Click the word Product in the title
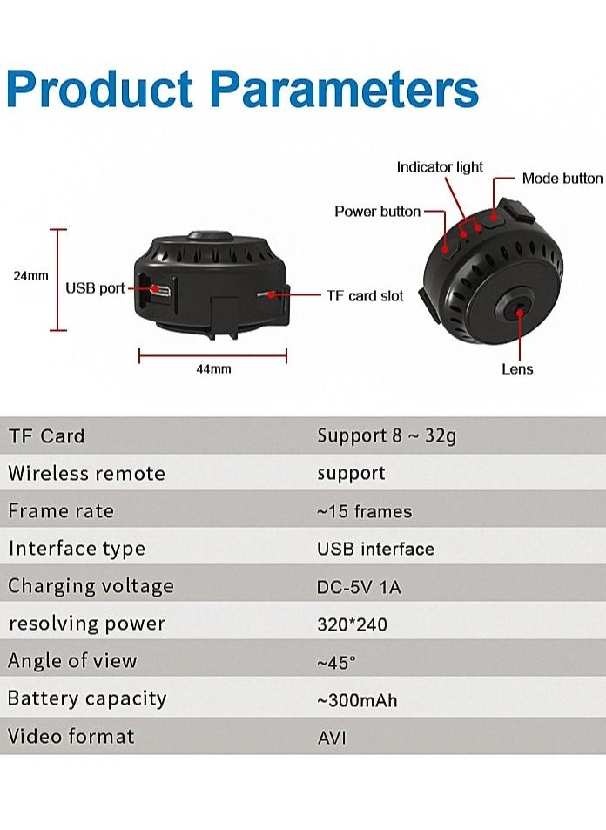(x=100, y=88)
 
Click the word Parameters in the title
(x=345, y=88)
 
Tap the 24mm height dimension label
(x=30, y=276)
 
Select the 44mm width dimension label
(x=214, y=369)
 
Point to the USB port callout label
(x=95, y=288)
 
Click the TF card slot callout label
(x=365, y=296)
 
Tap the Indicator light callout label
(x=440, y=167)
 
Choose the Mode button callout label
(x=562, y=179)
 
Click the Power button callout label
(x=377, y=212)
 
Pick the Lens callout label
(x=517, y=369)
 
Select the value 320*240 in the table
(x=352, y=624)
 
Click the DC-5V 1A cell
(x=359, y=587)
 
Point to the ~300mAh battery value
(x=357, y=700)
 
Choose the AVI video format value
(x=332, y=738)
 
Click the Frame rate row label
(x=61, y=511)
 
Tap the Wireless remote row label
(x=87, y=473)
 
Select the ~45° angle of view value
(x=337, y=662)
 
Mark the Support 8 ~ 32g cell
(x=387, y=436)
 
